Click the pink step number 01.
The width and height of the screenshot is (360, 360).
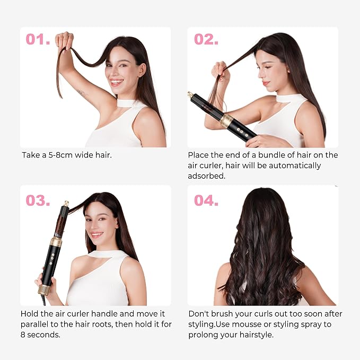[38, 39]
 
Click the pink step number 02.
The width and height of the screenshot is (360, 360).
[206, 39]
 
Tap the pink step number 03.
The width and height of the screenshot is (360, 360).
[38, 200]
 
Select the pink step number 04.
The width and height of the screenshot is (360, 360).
[206, 200]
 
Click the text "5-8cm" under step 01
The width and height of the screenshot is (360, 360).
[60, 155]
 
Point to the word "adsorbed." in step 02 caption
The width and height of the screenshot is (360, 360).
[207, 176]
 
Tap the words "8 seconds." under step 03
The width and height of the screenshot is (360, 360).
[40, 335]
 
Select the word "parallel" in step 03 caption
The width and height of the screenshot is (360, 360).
[34, 324]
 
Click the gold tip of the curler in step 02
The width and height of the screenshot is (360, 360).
[190, 94]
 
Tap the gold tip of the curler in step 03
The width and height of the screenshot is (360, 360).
[66, 204]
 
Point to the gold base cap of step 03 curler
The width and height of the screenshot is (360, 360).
[44, 290]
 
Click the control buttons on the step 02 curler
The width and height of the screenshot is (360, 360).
[242, 133]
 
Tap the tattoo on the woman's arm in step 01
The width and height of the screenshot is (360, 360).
[82, 93]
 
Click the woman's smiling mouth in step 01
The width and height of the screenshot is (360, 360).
[117, 82]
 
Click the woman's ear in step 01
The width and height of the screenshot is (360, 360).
[142, 69]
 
